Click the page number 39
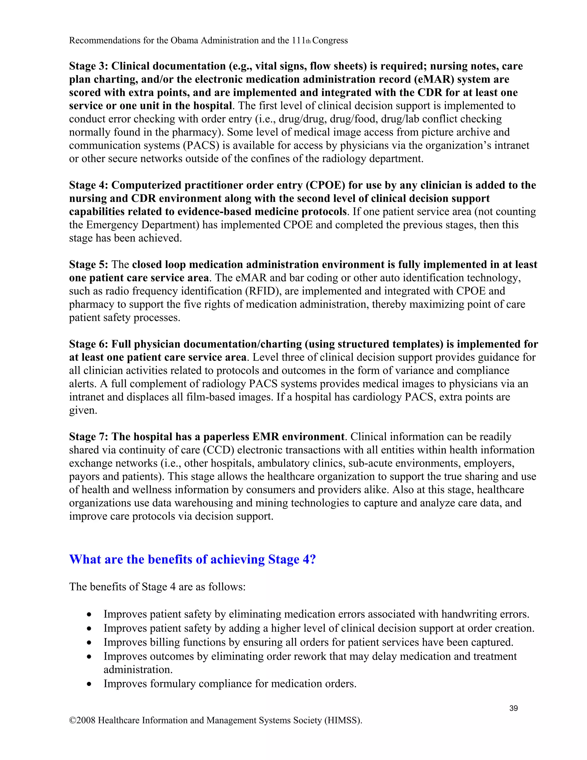point(513,708)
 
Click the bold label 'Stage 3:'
point(88,66)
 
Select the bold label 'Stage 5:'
point(88,264)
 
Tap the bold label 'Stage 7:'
point(88,437)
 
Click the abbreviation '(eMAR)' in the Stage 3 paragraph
point(434,79)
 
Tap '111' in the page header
point(298,41)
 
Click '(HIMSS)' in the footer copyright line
point(343,720)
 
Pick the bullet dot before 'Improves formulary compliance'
point(90,684)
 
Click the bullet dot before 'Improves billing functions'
point(90,642)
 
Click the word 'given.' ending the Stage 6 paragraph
point(83,410)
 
